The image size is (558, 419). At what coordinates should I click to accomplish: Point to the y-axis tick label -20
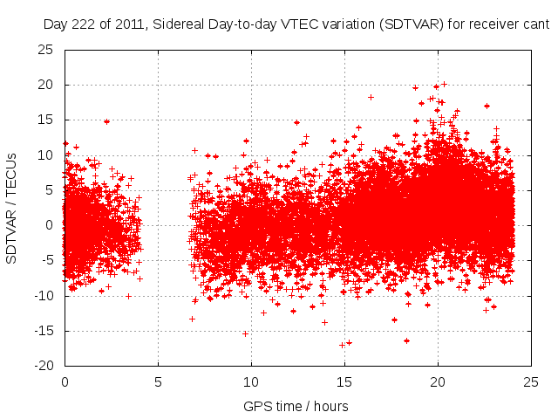(44, 365)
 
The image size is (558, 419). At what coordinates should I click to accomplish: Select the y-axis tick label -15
(44, 330)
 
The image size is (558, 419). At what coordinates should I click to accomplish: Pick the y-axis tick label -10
(44, 295)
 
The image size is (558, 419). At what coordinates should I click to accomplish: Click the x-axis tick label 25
(531, 382)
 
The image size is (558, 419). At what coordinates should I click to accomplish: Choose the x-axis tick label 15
(344, 382)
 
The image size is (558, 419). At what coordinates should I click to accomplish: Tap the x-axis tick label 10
(251, 382)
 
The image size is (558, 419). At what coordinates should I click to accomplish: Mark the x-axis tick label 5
(158, 382)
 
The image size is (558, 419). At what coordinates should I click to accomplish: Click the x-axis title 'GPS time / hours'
(297, 406)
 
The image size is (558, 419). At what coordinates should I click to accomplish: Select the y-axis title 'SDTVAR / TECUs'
(12, 208)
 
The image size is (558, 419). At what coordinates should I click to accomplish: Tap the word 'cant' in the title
(537, 25)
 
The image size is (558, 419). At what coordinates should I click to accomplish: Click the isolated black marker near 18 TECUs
(371, 97)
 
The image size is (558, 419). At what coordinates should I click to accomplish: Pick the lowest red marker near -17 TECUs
(342, 345)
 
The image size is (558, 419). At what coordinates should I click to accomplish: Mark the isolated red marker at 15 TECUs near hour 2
(106, 121)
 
